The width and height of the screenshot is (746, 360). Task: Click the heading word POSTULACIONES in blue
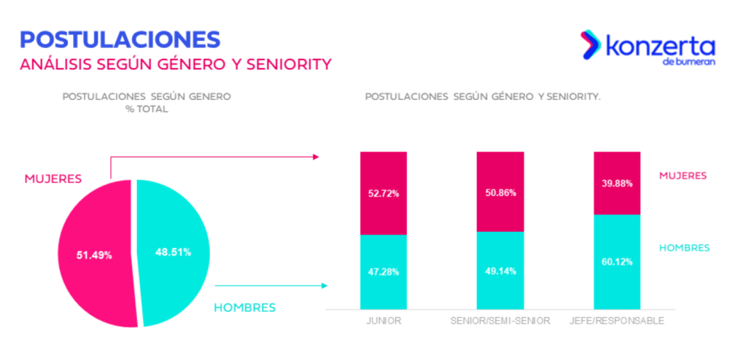(x=120, y=39)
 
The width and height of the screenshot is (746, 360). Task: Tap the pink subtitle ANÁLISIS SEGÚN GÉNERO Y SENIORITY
(x=175, y=64)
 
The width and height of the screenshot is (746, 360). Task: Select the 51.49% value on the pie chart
(x=94, y=255)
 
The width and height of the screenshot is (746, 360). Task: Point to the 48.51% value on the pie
(x=173, y=252)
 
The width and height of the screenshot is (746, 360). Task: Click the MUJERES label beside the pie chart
(x=53, y=179)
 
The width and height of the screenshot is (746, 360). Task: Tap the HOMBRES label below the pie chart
(x=245, y=308)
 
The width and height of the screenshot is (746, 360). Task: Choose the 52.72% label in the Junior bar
(x=383, y=195)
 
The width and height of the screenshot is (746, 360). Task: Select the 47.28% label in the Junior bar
(x=383, y=271)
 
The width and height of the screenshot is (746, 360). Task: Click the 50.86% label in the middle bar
(x=500, y=193)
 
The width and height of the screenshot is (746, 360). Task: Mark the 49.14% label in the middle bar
(x=500, y=271)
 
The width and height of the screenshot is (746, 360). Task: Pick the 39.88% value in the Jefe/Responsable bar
(x=618, y=183)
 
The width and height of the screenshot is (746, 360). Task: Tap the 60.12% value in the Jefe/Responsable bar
(x=618, y=262)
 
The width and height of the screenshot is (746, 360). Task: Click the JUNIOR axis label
(x=383, y=320)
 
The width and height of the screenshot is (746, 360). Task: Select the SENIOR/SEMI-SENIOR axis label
(x=500, y=320)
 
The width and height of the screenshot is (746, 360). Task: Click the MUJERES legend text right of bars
(x=683, y=176)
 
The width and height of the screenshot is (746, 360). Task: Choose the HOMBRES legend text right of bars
(x=684, y=248)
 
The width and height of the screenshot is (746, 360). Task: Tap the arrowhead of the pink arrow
(x=316, y=156)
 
